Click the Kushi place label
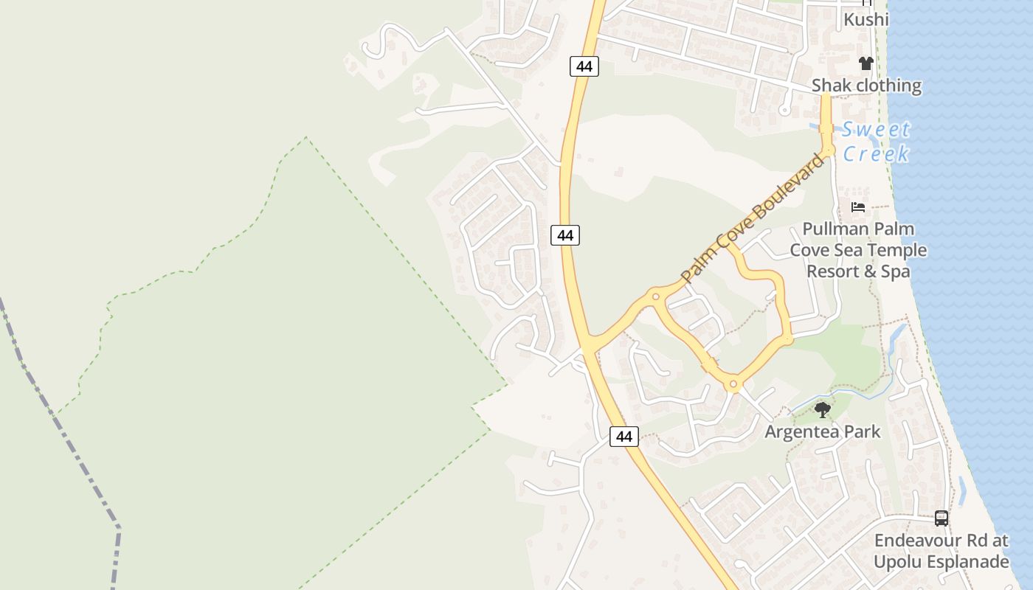(x=866, y=19)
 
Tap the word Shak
(x=832, y=86)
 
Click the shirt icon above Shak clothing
(x=866, y=63)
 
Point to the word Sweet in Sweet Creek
(x=877, y=130)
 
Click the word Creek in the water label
(x=877, y=153)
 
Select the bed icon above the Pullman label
(x=857, y=207)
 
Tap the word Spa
(x=896, y=271)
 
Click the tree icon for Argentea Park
(x=822, y=409)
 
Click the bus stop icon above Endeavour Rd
(x=941, y=518)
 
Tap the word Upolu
(x=896, y=562)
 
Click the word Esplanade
(x=967, y=562)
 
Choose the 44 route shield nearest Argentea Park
(x=624, y=436)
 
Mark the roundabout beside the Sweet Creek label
(x=828, y=150)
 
